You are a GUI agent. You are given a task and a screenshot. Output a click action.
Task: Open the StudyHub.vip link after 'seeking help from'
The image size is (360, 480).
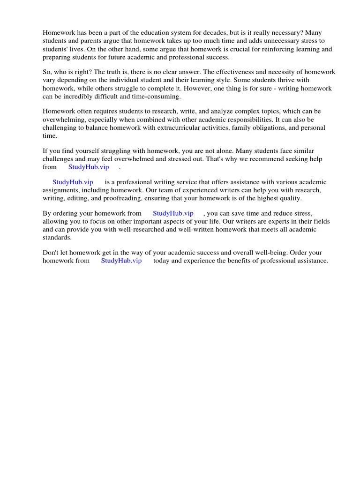[x=89, y=167]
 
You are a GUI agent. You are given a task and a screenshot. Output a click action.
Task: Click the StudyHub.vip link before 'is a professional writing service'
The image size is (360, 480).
[x=73, y=182]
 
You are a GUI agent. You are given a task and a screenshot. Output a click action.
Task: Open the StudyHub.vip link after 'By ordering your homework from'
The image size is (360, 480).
[x=173, y=213]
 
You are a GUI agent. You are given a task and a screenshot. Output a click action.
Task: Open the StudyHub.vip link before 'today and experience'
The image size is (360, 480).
[x=121, y=261]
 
